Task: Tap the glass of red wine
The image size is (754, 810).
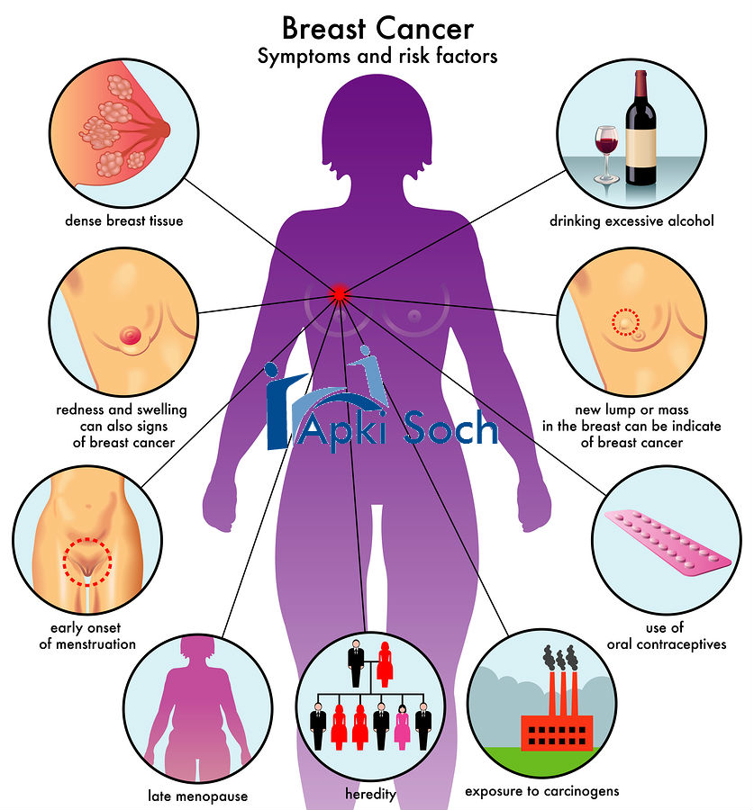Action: tap(606, 148)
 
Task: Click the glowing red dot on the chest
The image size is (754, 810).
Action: tap(340, 292)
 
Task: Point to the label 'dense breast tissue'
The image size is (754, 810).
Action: tap(123, 220)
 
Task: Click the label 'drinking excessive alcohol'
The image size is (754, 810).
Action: tap(631, 220)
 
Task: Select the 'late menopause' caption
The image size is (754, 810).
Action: tap(197, 796)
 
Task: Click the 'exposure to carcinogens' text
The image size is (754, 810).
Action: tap(541, 791)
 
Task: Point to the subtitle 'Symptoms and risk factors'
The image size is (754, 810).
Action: tap(377, 57)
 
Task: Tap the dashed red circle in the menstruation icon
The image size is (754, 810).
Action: tap(86, 562)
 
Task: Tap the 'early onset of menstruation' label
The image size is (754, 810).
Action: tap(87, 636)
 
